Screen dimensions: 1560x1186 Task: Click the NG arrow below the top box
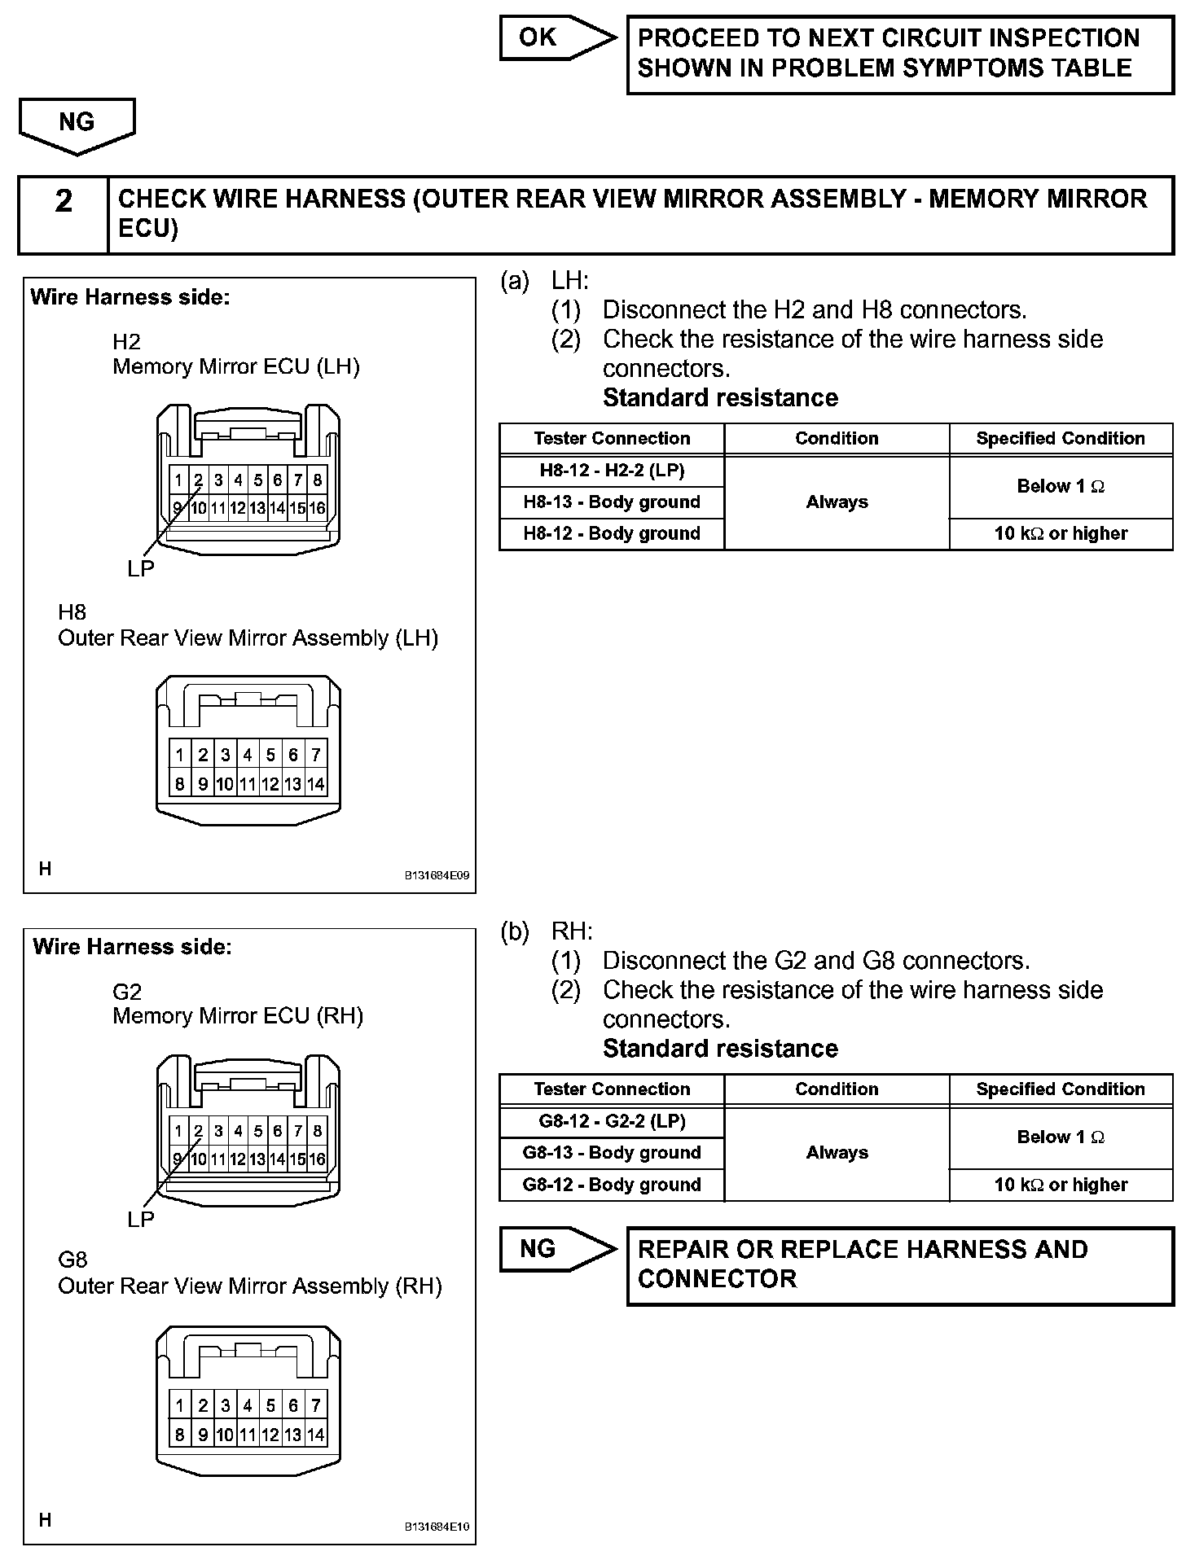(x=77, y=124)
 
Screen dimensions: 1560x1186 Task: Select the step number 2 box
(x=64, y=214)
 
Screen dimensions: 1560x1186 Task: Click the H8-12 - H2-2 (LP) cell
(x=612, y=471)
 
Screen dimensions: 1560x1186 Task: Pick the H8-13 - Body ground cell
(x=612, y=502)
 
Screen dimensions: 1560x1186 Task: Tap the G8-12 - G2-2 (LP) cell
(x=612, y=1121)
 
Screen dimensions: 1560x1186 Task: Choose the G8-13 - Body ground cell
(x=612, y=1153)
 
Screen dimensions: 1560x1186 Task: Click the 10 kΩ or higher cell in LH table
(x=1061, y=533)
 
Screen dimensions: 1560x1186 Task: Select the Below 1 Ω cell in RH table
(x=1061, y=1137)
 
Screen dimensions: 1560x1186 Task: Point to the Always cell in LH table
(x=837, y=502)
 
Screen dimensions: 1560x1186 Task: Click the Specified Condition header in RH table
(x=1061, y=1089)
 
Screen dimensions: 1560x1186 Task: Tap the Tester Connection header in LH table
(x=612, y=439)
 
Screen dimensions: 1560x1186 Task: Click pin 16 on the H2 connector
(x=317, y=509)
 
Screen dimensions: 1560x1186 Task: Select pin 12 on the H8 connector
(x=270, y=785)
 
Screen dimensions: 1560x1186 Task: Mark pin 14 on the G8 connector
(x=316, y=1435)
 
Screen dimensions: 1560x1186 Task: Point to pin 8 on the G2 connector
(x=318, y=1131)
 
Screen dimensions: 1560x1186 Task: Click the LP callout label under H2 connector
(x=140, y=569)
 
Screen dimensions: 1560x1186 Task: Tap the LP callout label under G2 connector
(x=140, y=1220)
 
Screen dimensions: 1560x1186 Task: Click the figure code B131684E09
(x=437, y=876)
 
